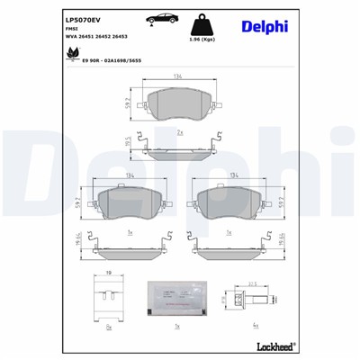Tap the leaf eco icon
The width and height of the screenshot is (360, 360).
(70, 53)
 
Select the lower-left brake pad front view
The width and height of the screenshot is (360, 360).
(130, 203)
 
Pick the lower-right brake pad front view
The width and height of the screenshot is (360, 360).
(230, 203)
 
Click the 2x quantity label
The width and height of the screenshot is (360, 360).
(180, 132)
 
